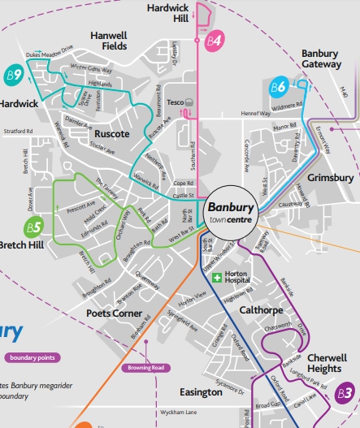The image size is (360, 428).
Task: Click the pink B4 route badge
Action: (x=214, y=40)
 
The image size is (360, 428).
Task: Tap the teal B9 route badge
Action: (x=13, y=74)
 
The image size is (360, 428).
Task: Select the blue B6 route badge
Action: (x=278, y=87)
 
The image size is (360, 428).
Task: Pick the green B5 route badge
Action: (x=33, y=227)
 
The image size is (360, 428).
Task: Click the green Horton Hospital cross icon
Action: (x=217, y=278)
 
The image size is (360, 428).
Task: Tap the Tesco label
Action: (x=173, y=102)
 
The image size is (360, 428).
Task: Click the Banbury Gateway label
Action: (x=325, y=58)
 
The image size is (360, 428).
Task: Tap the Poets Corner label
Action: (x=114, y=313)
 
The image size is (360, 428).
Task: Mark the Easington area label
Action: (x=200, y=392)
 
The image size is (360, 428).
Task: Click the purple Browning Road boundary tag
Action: (x=147, y=368)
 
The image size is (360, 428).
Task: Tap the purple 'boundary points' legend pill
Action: (x=33, y=357)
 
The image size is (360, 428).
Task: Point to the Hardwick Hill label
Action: (x=167, y=12)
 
